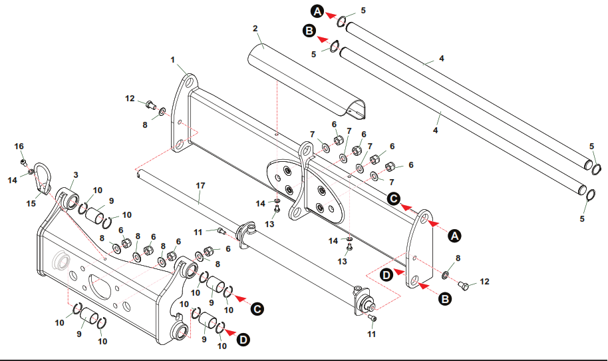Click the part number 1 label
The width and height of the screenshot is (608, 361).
173,60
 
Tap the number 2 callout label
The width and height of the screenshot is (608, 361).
255,29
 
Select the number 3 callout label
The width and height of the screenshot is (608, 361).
76,175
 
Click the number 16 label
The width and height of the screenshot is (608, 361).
19,146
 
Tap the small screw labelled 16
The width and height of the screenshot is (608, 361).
23,162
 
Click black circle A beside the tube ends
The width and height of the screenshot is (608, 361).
317,11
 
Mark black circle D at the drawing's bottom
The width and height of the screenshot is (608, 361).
244,340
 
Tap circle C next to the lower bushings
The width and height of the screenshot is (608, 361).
258,308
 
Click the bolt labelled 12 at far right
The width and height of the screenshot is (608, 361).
464,286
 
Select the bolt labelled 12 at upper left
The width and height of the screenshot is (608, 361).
150,104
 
